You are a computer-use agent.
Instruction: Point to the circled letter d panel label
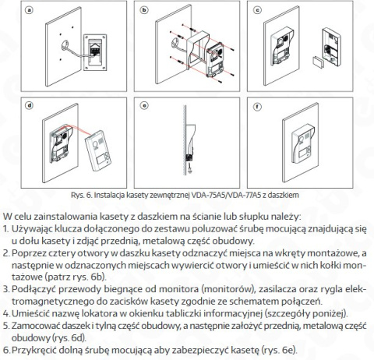29,104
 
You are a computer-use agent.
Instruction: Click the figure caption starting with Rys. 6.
186,194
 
